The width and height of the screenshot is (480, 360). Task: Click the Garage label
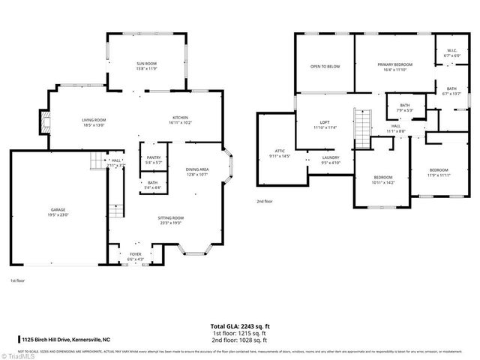58,213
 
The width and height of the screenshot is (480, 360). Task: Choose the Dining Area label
197,172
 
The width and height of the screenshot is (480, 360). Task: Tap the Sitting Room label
171,220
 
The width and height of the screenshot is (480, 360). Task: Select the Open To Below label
325,67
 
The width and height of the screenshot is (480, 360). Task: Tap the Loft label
325,124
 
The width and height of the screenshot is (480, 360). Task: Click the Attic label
279,154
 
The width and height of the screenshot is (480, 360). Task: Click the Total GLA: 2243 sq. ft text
240,327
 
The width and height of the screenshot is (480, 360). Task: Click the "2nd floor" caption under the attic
264,201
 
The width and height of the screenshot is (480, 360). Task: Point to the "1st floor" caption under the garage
18,280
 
